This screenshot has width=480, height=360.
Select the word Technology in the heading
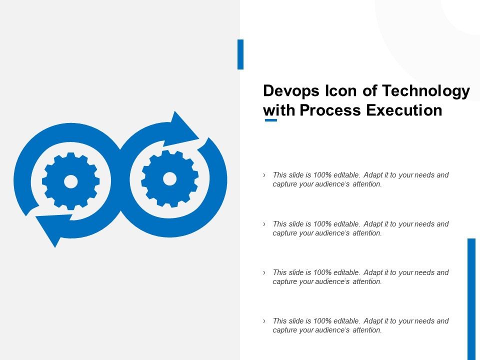426,91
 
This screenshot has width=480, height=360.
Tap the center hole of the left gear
70,181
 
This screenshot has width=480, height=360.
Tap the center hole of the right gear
169,178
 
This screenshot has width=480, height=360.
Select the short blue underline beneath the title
270,120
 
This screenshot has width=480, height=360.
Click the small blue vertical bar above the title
240,54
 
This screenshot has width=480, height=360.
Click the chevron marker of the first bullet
264,175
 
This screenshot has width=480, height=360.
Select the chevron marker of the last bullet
264,321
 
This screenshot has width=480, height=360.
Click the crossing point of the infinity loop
120,180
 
